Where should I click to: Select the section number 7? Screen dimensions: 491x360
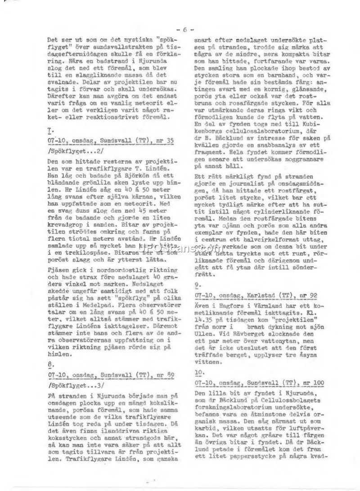[49, 130]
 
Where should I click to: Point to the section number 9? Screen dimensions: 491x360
[198, 285]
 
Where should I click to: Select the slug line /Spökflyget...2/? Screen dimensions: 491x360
[75, 151]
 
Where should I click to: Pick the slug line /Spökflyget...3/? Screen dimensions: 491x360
[75, 385]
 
